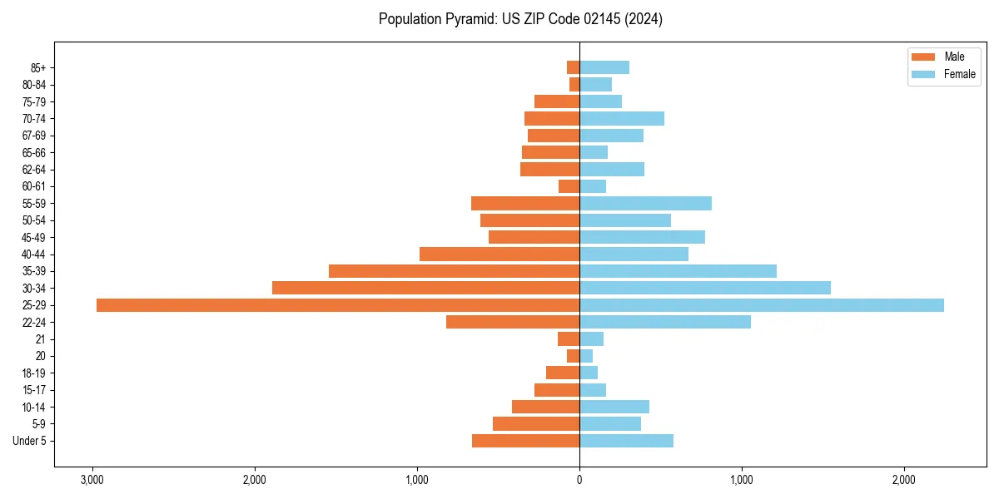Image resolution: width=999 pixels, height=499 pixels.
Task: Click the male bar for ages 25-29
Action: (x=338, y=305)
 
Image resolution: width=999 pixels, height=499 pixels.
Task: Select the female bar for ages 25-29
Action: (x=762, y=305)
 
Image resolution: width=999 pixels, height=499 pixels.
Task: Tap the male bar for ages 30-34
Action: (x=425, y=288)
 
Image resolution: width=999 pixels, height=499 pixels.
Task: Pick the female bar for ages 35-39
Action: (x=678, y=271)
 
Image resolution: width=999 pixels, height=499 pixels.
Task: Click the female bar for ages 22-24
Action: (x=665, y=322)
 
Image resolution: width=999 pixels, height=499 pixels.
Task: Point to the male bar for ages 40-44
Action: (x=499, y=254)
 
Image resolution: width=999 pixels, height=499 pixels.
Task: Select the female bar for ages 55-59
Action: (x=645, y=204)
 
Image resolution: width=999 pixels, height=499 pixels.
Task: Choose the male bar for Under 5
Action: (x=525, y=441)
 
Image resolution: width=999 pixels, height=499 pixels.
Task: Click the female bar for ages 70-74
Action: (x=622, y=119)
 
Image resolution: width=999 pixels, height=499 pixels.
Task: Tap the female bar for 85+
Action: (x=604, y=67)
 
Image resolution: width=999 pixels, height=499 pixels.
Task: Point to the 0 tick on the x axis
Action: (x=579, y=480)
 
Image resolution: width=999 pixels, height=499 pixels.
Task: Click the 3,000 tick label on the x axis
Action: (x=92, y=480)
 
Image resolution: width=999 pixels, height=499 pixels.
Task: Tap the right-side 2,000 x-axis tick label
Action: (x=903, y=480)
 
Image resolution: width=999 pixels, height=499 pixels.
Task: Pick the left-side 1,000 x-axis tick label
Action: (x=417, y=480)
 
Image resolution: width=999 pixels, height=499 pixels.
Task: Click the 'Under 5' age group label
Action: (x=30, y=441)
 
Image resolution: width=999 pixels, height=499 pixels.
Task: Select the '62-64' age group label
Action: (x=34, y=170)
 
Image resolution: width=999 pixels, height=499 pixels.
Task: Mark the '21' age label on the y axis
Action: (x=41, y=339)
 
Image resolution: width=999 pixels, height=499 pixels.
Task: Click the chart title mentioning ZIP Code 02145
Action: (x=520, y=19)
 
